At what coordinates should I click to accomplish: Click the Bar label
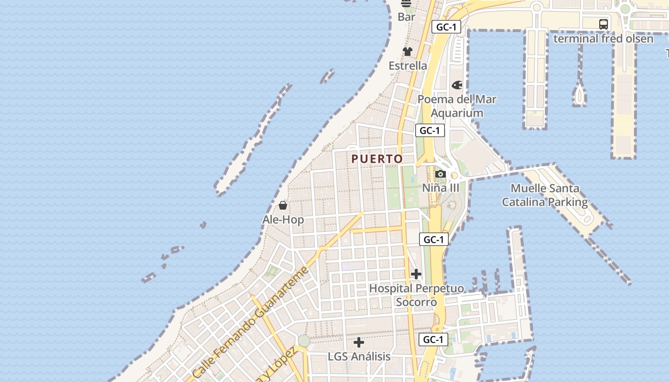pyautogui.click(x=406, y=17)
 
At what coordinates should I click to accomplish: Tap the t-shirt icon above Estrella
pyautogui.click(x=407, y=52)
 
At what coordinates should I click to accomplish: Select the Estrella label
pyautogui.click(x=408, y=65)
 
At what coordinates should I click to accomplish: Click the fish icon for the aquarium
pyautogui.click(x=457, y=85)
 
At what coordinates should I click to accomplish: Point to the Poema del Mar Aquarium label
pyautogui.click(x=457, y=106)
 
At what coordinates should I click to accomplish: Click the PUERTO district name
pyautogui.click(x=377, y=159)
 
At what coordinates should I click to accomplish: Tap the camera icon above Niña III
pyautogui.click(x=441, y=174)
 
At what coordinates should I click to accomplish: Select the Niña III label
pyautogui.click(x=441, y=188)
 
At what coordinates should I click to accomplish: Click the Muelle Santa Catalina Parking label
pyautogui.click(x=545, y=195)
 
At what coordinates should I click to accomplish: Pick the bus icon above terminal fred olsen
pyautogui.click(x=604, y=24)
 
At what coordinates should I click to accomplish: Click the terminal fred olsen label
pyautogui.click(x=603, y=38)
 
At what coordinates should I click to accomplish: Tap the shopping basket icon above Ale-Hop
pyautogui.click(x=283, y=205)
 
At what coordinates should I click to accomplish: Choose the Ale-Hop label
pyautogui.click(x=283, y=220)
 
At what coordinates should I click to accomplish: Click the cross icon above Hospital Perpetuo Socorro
pyautogui.click(x=416, y=274)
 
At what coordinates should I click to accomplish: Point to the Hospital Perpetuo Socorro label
pyautogui.click(x=416, y=295)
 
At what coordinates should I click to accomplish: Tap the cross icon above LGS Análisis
pyautogui.click(x=359, y=342)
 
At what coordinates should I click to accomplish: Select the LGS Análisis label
pyautogui.click(x=359, y=357)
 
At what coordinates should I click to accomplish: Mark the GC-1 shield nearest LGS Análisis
pyautogui.click(x=433, y=340)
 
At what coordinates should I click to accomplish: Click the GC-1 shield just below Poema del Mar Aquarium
pyautogui.click(x=430, y=130)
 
